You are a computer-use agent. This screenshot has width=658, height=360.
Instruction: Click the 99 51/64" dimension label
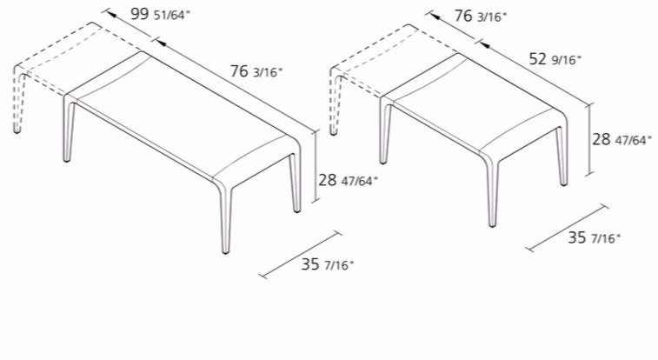tap(160, 14)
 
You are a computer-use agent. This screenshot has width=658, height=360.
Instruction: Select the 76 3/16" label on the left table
tap(256, 71)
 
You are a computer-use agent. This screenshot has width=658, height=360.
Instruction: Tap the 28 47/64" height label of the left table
tap(348, 180)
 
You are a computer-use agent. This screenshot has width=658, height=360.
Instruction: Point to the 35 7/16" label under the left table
tap(328, 264)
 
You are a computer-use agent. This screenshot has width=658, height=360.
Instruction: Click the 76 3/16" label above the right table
tap(481, 16)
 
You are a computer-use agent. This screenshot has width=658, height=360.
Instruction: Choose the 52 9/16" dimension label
tap(555, 59)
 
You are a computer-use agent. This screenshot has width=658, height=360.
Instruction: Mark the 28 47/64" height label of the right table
tap(621, 139)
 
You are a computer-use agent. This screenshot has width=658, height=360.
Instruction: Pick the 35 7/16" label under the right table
tap(594, 237)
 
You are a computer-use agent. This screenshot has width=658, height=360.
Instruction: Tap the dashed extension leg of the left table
tap(17, 101)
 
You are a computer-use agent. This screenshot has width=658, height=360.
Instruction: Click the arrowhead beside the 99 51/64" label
tap(111, 14)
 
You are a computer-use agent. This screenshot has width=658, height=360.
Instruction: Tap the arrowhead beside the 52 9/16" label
tap(485, 43)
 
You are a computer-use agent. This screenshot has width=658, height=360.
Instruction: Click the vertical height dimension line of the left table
tap(316, 166)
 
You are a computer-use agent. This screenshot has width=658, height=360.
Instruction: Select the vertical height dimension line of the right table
tap(590, 139)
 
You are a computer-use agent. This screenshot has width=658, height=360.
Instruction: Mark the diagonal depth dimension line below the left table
tap(300, 254)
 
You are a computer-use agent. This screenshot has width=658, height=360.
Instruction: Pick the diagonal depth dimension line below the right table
tap(567, 228)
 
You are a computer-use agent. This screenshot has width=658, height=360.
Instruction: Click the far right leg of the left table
tap(296, 183)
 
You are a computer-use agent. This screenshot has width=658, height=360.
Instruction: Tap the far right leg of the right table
tap(562, 156)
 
